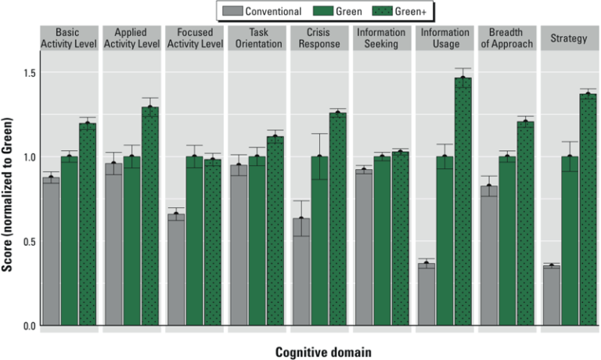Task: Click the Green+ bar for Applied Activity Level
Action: click(x=149, y=215)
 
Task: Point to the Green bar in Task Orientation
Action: click(x=257, y=240)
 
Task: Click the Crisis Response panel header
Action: click(x=318, y=38)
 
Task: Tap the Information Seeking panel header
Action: click(x=381, y=38)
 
